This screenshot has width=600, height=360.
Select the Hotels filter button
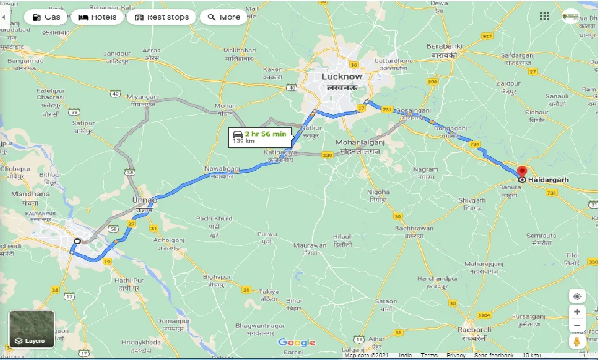[97, 17]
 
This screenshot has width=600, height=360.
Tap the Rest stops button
[162, 17]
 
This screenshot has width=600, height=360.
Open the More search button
[224, 17]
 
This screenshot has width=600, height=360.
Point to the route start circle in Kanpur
[77, 241]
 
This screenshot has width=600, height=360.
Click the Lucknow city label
[342, 76]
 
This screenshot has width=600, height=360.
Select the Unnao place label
[144, 200]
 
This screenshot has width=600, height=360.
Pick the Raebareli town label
[473, 330]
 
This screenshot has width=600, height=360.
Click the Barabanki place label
[444, 46]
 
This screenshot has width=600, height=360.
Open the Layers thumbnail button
[32, 330]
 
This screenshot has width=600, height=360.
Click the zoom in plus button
[577, 312]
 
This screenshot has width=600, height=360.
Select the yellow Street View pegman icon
[577, 341]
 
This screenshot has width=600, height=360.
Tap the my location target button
[577, 296]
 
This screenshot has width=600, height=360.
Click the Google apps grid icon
[544, 16]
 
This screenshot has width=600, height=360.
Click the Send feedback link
[494, 355]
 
